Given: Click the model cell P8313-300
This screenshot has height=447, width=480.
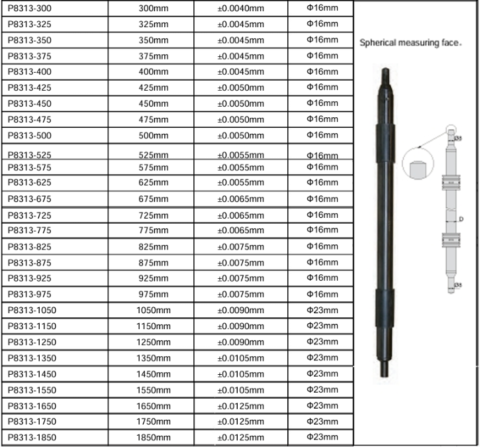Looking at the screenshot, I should point(29,9).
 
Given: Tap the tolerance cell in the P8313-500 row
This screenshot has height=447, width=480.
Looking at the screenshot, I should point(242,136).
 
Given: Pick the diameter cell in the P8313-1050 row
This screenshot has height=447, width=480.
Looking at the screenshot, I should point(322,309).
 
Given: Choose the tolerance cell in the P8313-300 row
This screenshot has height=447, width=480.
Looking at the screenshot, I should point(242,9).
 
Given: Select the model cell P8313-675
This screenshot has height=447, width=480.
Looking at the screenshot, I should point(29,199).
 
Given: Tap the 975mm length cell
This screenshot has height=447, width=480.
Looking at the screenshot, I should point(154,295).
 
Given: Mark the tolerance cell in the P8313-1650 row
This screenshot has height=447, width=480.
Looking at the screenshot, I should point(242,406).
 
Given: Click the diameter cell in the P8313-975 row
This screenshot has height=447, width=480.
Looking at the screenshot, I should point(322,293).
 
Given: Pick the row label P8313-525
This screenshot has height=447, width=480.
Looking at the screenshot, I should point(29,155).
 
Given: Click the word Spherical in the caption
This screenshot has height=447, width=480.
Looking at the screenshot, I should point(377,44).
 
